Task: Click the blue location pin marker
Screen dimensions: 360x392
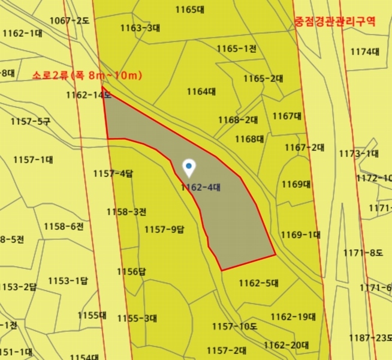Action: (x=189, y=167)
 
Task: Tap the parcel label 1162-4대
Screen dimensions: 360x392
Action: (x=201, y=187)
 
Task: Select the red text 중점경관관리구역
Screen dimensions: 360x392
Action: (x=335, y=22)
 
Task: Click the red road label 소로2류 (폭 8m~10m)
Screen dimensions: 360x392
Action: (x=88, y=76)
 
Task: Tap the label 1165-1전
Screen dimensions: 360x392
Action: (x=236, y=49)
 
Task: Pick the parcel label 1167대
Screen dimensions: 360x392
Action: (x=287, y=116)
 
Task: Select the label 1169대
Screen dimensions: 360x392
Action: (x=296, y=184)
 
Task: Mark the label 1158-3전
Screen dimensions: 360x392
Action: (x=126, y=212)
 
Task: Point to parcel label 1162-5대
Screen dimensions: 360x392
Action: (x=259, y=283)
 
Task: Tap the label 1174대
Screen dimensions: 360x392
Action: (x=365, y=52)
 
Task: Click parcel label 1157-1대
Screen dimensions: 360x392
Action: (x=33, y=160)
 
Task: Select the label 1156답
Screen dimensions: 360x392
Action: (x=131, y=271)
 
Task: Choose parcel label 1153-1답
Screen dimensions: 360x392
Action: (x=68, y=281)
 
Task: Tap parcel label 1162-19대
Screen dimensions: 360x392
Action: (x=293, y=316)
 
